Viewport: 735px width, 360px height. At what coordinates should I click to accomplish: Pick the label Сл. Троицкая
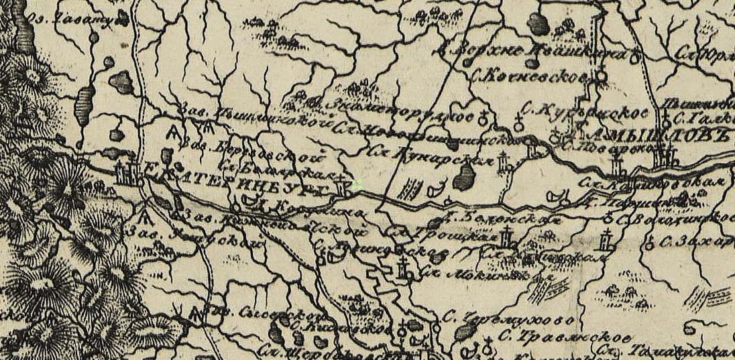point(445,235)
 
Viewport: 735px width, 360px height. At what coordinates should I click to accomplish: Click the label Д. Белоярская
point(505,219)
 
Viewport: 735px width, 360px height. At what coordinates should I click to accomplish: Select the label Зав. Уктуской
point(194,236)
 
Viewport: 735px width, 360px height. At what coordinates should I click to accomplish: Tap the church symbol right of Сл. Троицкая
point(508,239)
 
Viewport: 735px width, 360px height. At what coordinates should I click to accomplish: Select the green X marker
point(357,184)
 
